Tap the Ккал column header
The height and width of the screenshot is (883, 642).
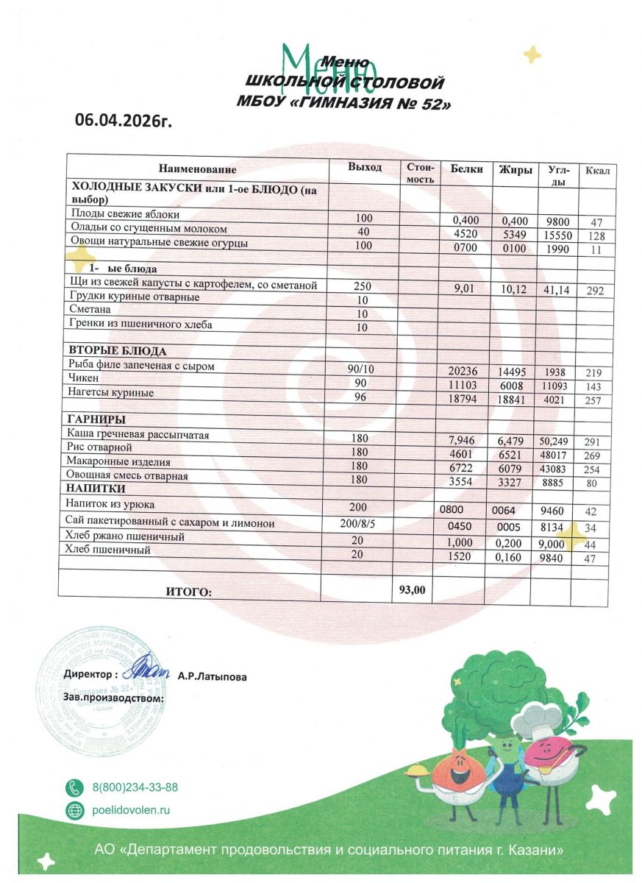(596, 171)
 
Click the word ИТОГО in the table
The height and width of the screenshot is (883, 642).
(187, 591)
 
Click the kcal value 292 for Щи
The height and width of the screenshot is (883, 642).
(595, 291)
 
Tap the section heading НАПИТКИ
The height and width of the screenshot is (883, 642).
(96, 489)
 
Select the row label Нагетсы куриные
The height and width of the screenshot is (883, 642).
(112, 393)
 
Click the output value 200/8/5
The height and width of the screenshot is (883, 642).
(360, 523)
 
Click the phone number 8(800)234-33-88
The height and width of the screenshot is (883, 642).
(135, 787)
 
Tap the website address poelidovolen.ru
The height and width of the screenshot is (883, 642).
(131, 810)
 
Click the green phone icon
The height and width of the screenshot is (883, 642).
(75, 787)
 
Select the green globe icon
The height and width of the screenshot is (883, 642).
(75, 811)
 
